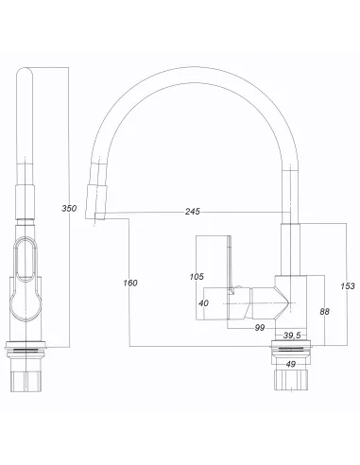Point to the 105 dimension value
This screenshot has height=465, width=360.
[x=196, y=277]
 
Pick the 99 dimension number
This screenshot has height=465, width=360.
[x=259, y=327]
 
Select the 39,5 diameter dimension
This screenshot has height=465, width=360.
[x=292, y=335]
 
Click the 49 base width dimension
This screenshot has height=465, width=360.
[x=291, y=363]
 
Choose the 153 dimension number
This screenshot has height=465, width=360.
[x=347, y=286]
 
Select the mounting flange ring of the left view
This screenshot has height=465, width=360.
[x=26, y=347]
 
